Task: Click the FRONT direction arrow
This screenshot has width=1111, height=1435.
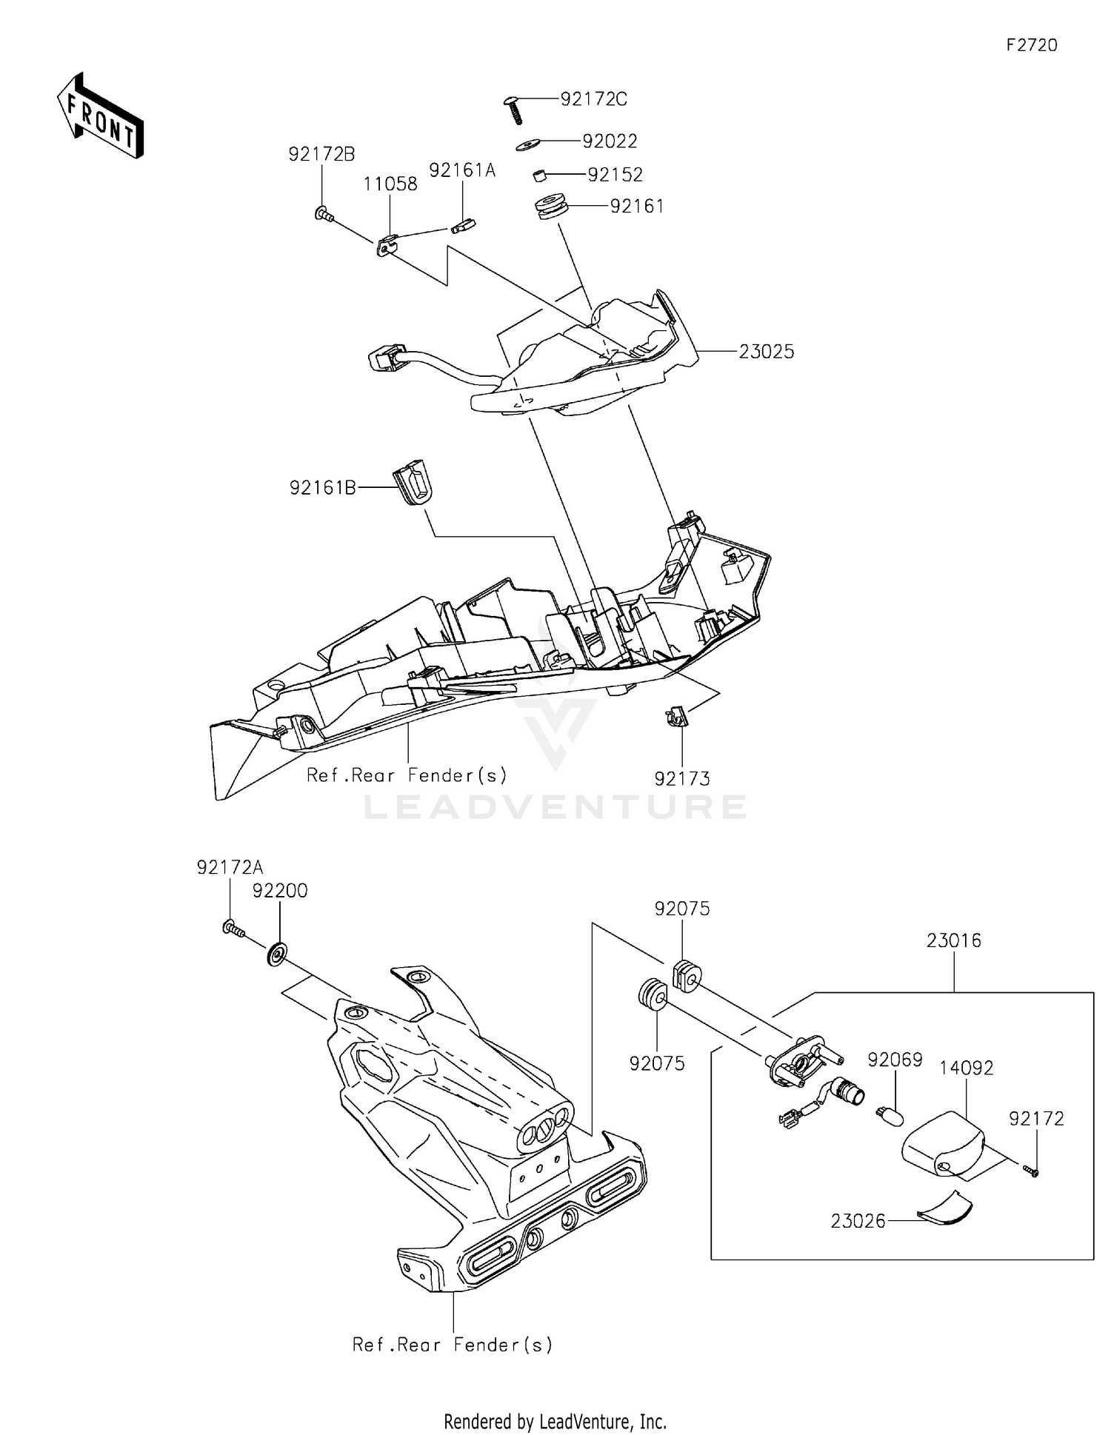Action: (100, 116)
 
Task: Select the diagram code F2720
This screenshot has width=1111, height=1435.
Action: (1032, 45)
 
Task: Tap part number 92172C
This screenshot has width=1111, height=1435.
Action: (593, 99)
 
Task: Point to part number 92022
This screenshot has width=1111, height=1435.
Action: (610, 141)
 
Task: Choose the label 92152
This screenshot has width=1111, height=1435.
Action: (615, 175)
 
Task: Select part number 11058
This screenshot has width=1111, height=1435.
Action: (390, 184)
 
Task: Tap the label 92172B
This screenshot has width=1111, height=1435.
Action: (321, 154)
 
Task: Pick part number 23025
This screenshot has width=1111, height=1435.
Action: (766, 352)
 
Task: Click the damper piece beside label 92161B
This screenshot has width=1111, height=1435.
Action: (414, 481)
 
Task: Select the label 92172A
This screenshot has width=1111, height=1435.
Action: (230, 867)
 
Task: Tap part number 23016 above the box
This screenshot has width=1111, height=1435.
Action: (953, 940)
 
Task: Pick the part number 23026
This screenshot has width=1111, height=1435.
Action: (858, 1221)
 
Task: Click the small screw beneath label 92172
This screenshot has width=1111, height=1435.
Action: (1031, 1171)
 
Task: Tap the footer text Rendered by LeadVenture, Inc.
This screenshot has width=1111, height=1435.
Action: (555, 1422)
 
